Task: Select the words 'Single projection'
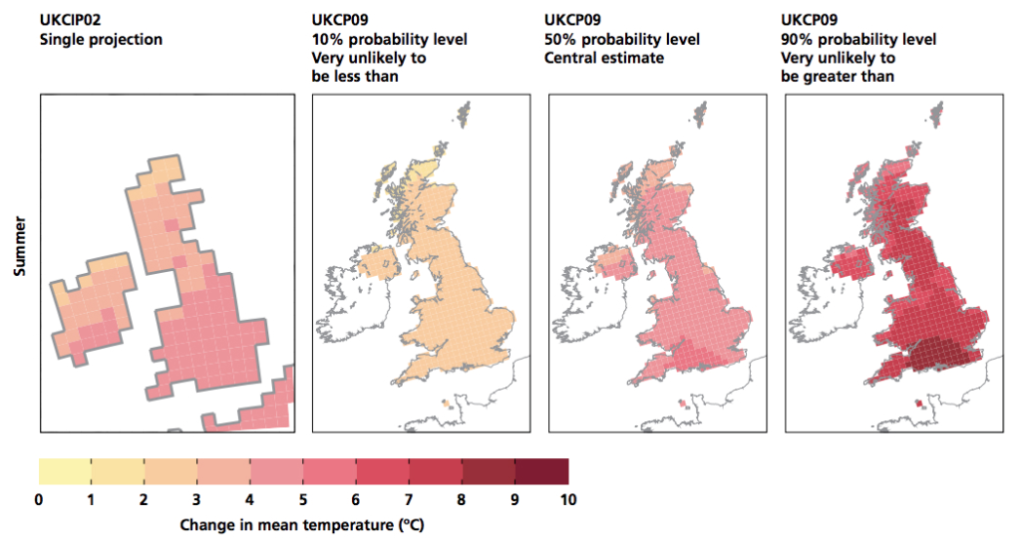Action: click(x=101, y=40)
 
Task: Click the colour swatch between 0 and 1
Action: click(x=65, y=471)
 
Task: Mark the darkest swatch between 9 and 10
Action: click(x=541, y=471)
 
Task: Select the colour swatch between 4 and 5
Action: click(x=277, y=471)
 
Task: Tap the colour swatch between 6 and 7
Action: click(x=383, y=471)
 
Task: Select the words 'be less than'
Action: click(x=358, y=76)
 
